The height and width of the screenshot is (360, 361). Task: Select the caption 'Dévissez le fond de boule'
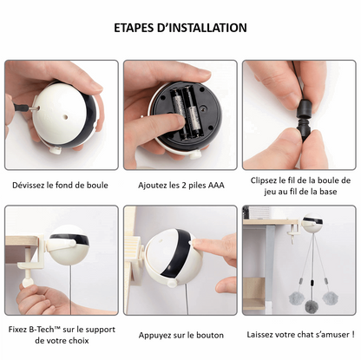tap(61, 185)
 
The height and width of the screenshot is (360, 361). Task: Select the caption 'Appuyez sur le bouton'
tap(180, 335)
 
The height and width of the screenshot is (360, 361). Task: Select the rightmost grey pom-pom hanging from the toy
tap(331, 298)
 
